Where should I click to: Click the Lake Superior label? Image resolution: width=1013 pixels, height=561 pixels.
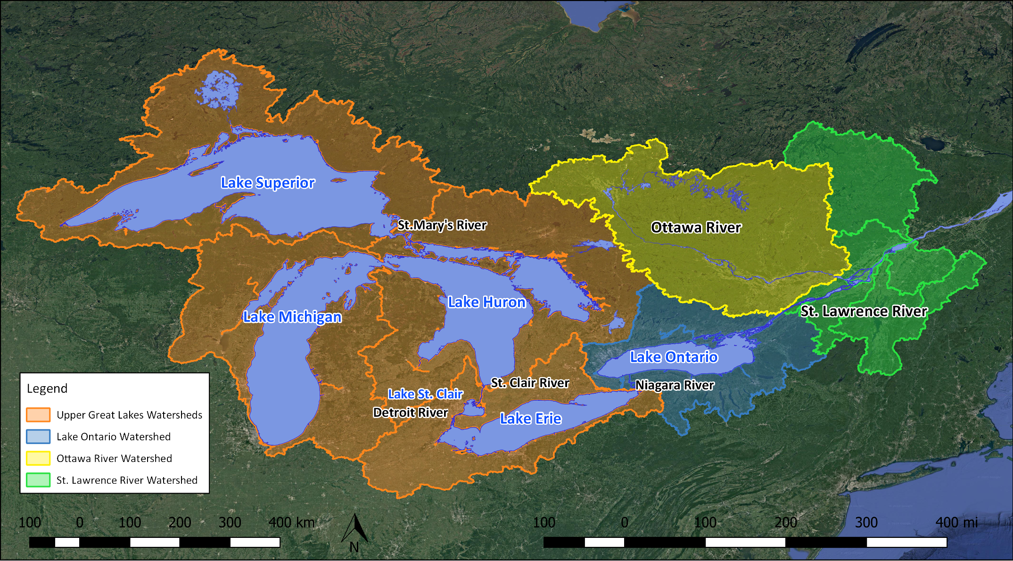pos(268,183)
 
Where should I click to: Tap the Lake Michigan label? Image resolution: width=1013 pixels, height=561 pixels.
pos(292,317)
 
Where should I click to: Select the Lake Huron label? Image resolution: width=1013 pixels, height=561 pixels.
pos(486,302)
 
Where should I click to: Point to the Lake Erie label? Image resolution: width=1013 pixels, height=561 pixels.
pos(531,419)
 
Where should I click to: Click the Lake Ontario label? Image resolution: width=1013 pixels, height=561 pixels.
pos(674,357)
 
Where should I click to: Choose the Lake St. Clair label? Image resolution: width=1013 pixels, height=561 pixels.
pos(425,394)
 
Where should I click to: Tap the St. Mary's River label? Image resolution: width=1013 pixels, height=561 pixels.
pos(442,225)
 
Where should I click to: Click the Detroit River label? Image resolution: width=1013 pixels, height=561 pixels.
pos(410,413)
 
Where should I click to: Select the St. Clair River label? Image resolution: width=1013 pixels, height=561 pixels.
pos(530,383)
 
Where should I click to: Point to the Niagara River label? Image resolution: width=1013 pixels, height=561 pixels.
pos(675,386)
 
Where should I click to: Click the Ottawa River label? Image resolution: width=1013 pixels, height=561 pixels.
pos(696,228)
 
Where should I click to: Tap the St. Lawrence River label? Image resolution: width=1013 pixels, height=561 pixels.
pos(864,312)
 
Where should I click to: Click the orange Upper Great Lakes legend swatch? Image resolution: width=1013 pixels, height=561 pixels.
pos(38,415)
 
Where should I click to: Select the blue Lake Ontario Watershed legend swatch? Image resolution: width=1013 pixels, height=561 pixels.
pos(38,437)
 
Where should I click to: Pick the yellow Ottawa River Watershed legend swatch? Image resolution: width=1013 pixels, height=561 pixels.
pos(38,458)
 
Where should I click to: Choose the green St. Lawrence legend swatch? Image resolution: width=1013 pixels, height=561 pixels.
pos(38,480)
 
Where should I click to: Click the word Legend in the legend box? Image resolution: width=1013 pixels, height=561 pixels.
pos(47,388)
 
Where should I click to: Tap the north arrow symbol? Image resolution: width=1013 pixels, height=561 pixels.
pos(354,530)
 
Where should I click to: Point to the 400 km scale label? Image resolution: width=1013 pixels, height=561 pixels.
pos(291,522)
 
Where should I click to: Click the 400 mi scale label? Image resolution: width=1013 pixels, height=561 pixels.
pos(956,522)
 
